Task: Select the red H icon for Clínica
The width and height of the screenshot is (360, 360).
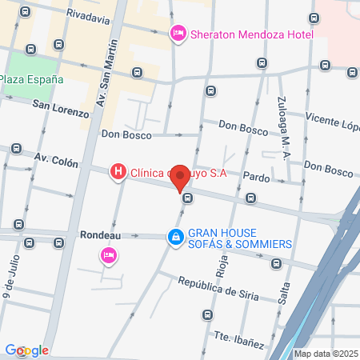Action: click(x=118, y=171)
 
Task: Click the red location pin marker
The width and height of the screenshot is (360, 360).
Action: click(x=181, y=177)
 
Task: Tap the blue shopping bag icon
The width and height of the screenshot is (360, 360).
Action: click(x=174, y=237)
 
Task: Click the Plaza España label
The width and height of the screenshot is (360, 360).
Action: click(x=31, y=79)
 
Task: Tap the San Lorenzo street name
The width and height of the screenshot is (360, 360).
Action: click(x=61, y=108)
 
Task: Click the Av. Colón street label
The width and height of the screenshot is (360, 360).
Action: click(x=56, y=162)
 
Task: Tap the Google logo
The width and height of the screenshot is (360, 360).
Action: click(x=26, y=350)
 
